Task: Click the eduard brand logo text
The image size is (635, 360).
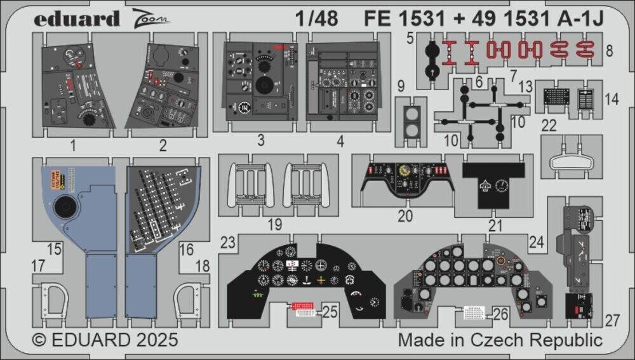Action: (x=77, y=18)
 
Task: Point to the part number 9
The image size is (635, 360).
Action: (x=400, y=86)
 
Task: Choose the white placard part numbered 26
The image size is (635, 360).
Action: (x=473, y=312)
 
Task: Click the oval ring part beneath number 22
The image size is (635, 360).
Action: (x=570, y=162)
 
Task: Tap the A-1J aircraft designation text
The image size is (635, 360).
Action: (x=585, y=19)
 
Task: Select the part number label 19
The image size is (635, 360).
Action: (x=274, y=223)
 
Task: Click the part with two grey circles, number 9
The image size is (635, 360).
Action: (x=410, y=121)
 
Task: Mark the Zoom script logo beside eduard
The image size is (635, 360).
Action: (x=151, y=19)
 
